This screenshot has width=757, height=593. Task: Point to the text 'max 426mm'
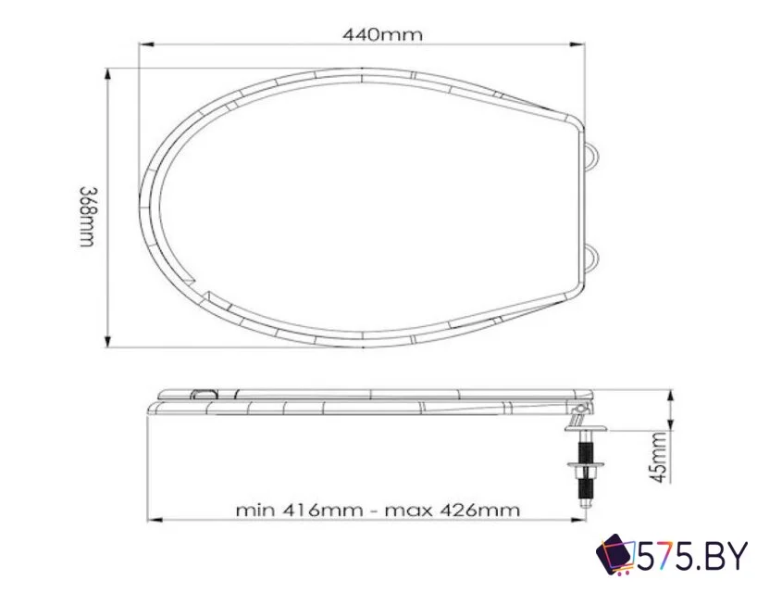(x=452, y=510)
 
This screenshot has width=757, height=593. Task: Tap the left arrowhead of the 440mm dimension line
(x=144, y=44)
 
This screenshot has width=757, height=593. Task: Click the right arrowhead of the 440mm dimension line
(x=580, y=44)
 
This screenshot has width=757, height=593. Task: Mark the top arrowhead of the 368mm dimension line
(x=108, y=73)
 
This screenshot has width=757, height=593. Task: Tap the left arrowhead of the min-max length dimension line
(x=153, y=521)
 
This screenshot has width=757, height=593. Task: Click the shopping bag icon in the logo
(x=614, y=555)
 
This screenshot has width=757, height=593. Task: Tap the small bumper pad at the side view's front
(x=205, y=394)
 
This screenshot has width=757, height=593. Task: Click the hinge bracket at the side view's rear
(x=579, y=405)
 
